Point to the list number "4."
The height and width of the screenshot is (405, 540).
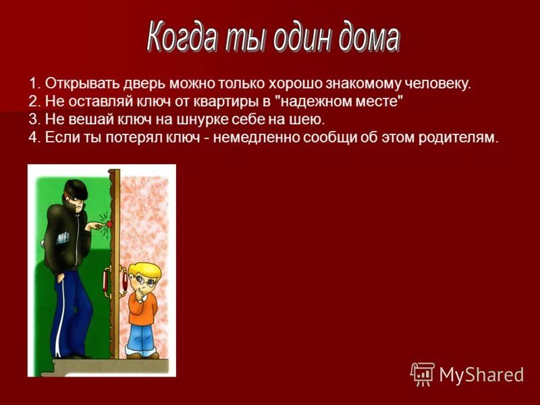pos(34,138)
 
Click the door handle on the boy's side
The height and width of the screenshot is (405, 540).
pos(124,277)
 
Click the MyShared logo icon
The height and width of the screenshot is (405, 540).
pos(423,374)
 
